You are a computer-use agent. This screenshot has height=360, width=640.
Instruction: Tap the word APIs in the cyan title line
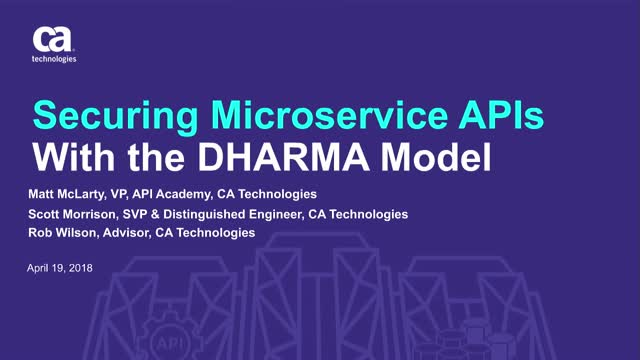pyautogui.click(x=506, y=118)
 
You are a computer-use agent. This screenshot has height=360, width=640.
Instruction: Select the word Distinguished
pyautogui.click(x=214, y=214)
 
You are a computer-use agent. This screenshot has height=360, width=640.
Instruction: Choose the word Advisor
pyautogui.click(x=129, y=232)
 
